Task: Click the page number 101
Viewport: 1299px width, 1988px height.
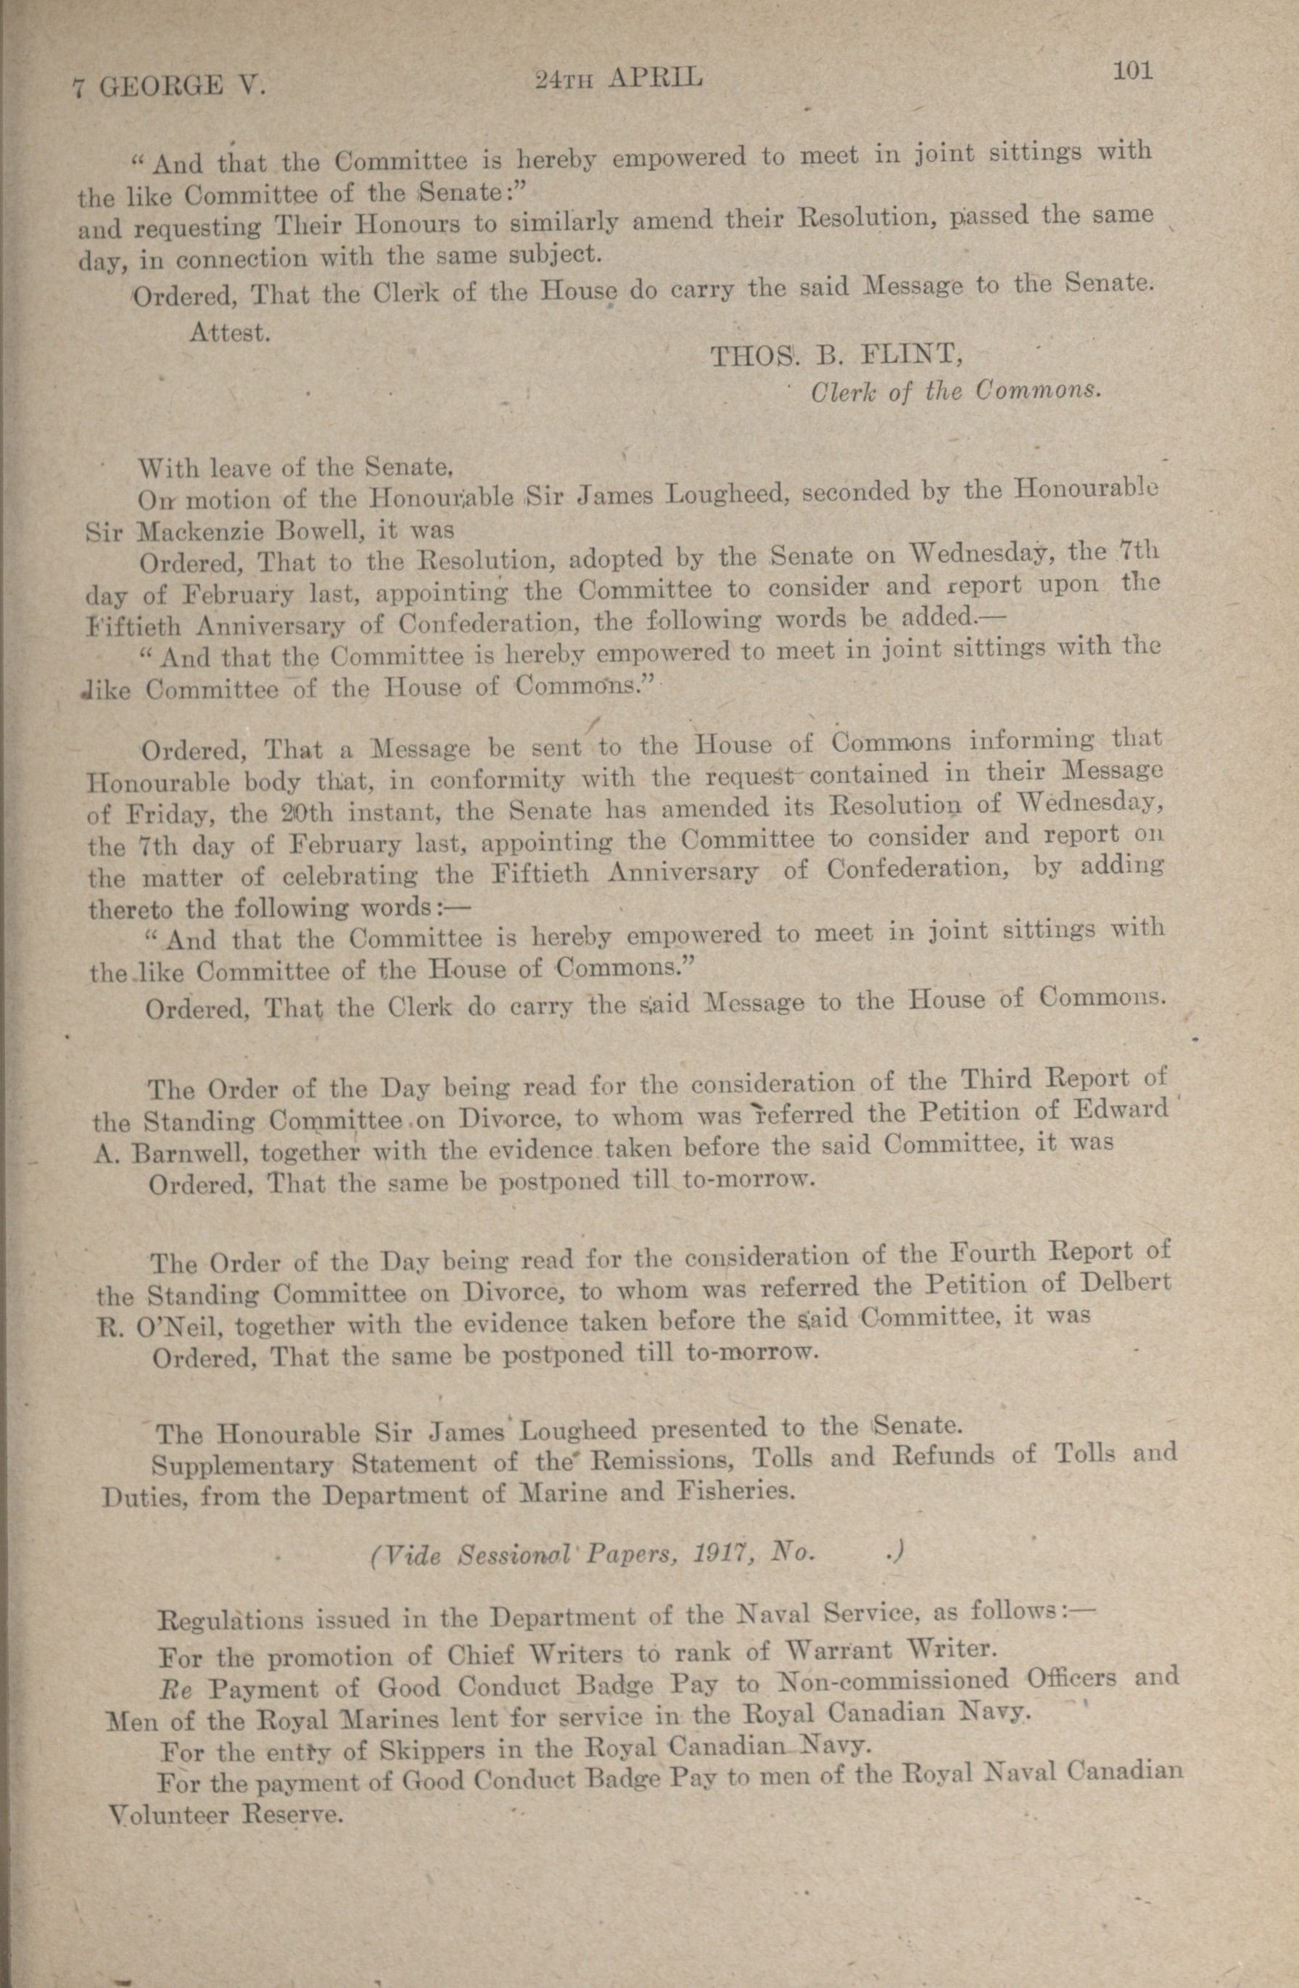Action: pyautogui.click(x=1132, y=72)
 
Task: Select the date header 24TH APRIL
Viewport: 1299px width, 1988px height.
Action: pyautogui.click(x=619, y=78)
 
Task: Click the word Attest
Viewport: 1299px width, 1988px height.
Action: pyautogui.click(x=228, y=332)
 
